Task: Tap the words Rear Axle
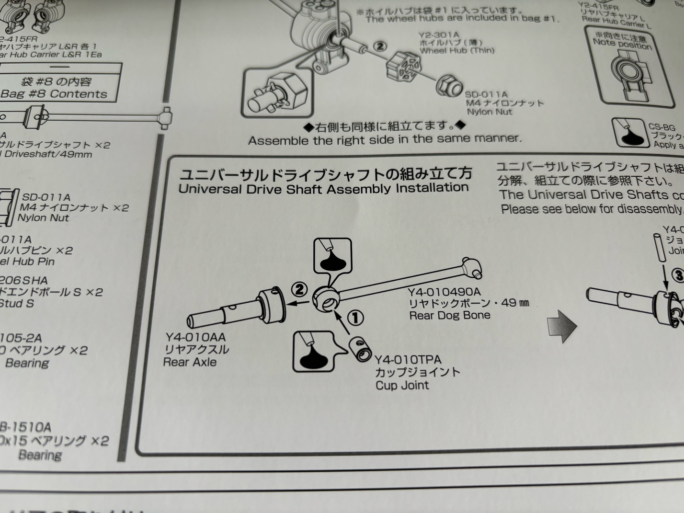(190, 362)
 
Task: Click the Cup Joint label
(402, 385)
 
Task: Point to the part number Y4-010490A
(444, 292)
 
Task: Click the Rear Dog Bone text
(449, 315)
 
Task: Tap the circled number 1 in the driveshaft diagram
(355, 318)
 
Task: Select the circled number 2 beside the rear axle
(299, 289)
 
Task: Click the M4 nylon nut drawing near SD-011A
(448, 86)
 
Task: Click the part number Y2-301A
(438, 35)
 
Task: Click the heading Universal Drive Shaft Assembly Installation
(323, 188)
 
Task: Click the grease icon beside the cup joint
(313, 351)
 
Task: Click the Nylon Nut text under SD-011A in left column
(44, 218)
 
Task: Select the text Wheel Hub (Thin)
(456, 50)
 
